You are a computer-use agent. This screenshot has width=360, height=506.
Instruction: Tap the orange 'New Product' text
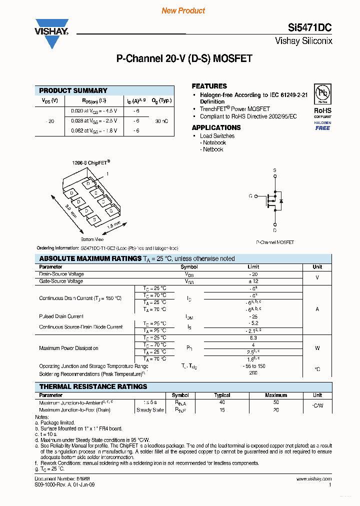[x=183, y=10]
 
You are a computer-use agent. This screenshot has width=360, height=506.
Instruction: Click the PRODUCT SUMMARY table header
[x=73, y=90]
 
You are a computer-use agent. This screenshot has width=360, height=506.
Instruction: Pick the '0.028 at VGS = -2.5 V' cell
[x=93, y=120]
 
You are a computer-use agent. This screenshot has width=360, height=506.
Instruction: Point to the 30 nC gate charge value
[x=161, y=120]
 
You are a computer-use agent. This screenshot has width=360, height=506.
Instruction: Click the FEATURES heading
[x=209, y=86]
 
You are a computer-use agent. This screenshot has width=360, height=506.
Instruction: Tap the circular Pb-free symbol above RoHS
[x=322, y=94]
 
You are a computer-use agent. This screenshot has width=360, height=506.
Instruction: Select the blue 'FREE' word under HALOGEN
[x=322, y=128]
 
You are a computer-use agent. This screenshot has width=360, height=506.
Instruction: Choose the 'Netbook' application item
[x=213, y=149]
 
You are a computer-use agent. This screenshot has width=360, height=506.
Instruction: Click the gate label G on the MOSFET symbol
[x=250, y=196]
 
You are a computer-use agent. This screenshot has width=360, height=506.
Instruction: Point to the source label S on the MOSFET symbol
[x=274, y=170]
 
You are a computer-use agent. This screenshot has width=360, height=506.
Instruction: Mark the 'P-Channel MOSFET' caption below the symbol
[x=275, y=242]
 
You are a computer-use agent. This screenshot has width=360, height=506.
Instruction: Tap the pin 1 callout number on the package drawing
[x=106, y=173]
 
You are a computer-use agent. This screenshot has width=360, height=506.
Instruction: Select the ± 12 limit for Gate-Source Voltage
[x=253, y=281]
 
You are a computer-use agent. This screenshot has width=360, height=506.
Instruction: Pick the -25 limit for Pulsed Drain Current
[x=253, y=316]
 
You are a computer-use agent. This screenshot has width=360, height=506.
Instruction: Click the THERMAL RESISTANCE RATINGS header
[x=93, y=386]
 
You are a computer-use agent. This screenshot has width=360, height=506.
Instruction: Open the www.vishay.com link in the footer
[x=314, y=478]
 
